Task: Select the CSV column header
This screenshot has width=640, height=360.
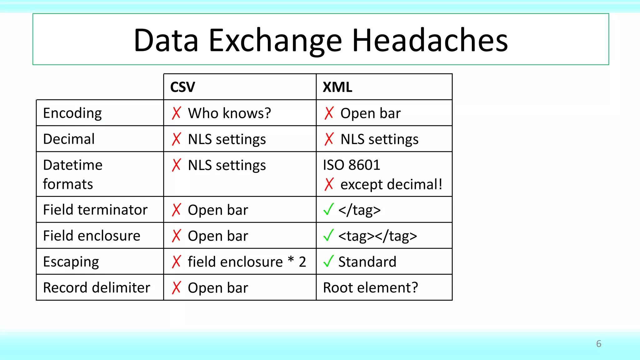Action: pyautogui.click(x=182, y=87)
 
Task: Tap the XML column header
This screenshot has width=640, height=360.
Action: pyautogui.click(x=337, y=87)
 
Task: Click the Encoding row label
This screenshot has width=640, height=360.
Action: pyautogui.click(x=72, y=113)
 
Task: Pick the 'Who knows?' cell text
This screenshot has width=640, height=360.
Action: pyautogui.click(x=229, y=113)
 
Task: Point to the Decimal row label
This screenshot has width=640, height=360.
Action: pyautogui.click(x=69, y=139)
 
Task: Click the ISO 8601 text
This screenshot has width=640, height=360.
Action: pyautogui.click(x=351, y=165)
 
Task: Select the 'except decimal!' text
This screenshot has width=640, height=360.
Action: pyautogui.click(x=391, y=184)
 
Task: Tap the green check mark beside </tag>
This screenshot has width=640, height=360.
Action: pyautogui.click(x=328, y=209)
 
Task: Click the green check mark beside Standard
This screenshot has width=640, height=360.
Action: pyautogui.click(x=328, y=261)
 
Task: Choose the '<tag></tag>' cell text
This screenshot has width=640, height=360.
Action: pyautogui.click(x=377, y=236)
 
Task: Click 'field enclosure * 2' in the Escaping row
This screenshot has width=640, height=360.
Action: pyautogui.click(x=247, y=262)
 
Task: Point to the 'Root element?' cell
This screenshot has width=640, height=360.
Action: pyautogui.click(x=370, y=287)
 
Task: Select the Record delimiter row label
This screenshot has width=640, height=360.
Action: pyautogui.click(x=97, y=287)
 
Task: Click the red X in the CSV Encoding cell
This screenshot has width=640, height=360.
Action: pyautogui.click(x=177, y=113)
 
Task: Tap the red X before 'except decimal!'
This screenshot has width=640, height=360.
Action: pyautogui.click(x=329, y=184)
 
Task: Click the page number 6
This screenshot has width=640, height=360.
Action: pyautogui.click(x=598, y=344)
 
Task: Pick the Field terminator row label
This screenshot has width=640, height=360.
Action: pyautogui.click(x=95, y=210)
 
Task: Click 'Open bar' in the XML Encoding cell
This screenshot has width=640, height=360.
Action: pyautogui.click(x=370, y=113)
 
